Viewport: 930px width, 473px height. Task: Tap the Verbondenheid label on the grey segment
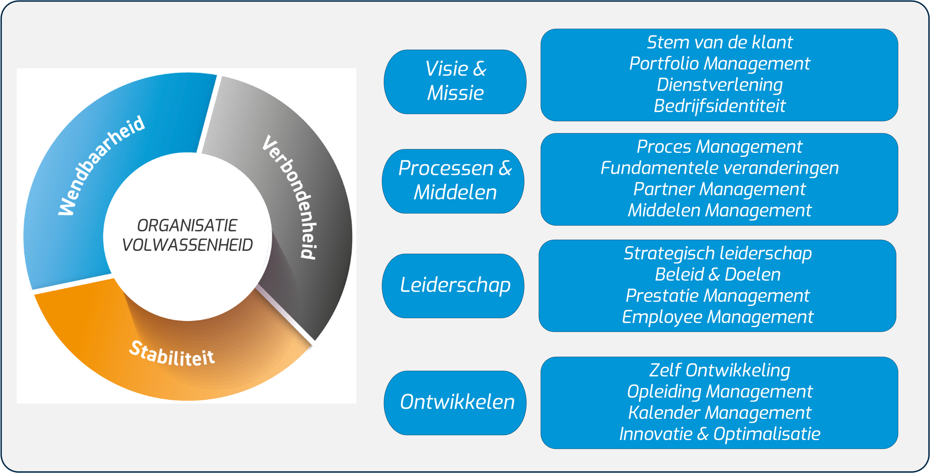(290, 197)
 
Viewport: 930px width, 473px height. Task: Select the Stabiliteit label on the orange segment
(171, 354)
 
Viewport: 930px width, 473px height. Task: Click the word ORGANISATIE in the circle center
(187, 226)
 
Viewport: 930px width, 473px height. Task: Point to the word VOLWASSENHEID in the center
(187, 245)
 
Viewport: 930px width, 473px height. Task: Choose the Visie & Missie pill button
(455, 81)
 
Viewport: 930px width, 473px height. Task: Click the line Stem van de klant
(719, 42)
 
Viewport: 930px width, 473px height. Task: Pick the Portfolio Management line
(719, 64)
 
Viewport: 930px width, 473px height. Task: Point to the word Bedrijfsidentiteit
(719, 106)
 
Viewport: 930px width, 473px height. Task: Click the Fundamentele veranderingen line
(719, 168)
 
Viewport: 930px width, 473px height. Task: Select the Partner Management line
(719, 189)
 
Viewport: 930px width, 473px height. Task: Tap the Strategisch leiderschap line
(718, 253)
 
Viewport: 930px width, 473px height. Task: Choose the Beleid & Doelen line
(718, 275)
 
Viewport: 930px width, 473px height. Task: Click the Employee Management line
(718, 317)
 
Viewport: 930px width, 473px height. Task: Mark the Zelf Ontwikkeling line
(719, 370)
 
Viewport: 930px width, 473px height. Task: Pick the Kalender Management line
(719, 413)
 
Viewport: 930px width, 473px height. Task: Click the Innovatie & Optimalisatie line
(719, 434)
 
